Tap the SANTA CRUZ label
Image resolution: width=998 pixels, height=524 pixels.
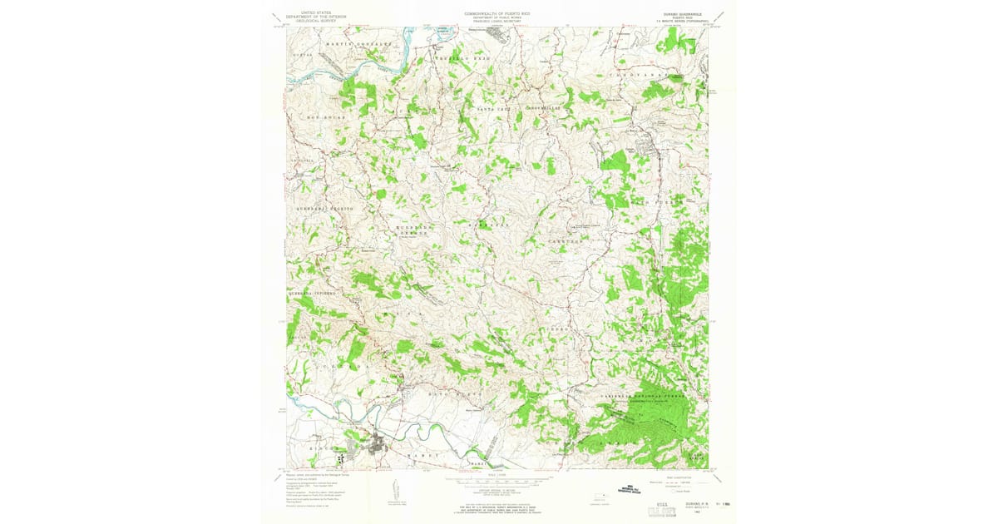(x=492, y=109)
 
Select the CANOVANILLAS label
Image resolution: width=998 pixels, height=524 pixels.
(x=548, y=107)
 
